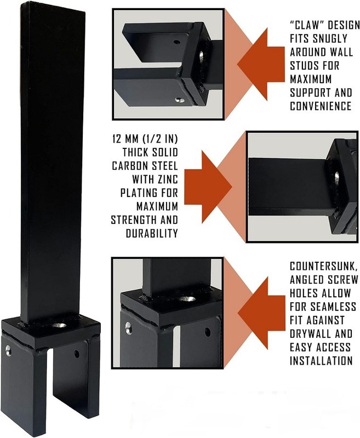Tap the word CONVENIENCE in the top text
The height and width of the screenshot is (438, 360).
pyautogui.click(x=321, y=106)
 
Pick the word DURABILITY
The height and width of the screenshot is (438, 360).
pyautogui.click(x=152, y=234)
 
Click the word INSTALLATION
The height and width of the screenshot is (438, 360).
pyautogui.click(x=321, y=361)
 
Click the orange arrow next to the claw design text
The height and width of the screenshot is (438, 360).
pyautogui.click(x=261, y=64)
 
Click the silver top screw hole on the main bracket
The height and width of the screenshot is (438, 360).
pyautogui.click(x=60, y=325)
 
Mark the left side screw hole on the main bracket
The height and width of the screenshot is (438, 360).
pyautogui.click(x=8, y=351)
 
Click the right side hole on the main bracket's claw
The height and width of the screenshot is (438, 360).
pyautogui.click(x=77, y=354)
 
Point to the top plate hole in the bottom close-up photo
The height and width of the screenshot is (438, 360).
pyautogui.click(x=187, y=299)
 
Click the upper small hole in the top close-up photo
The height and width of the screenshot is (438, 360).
pyautogui.click(x=176, y=43)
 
